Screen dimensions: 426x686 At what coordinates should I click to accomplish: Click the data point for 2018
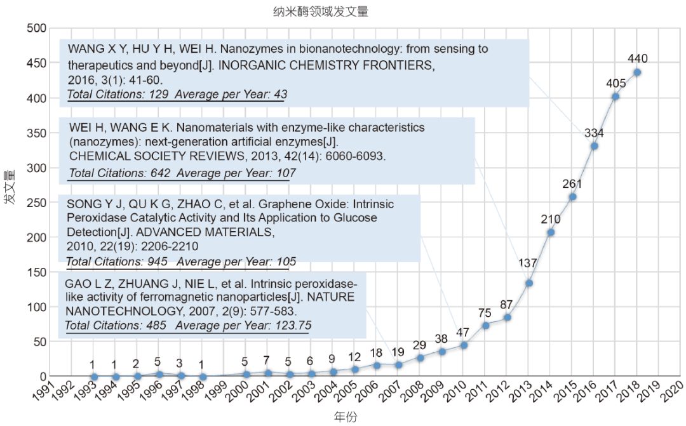637,72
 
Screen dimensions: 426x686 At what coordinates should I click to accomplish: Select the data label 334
594,133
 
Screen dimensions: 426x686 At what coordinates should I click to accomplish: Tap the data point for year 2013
528,283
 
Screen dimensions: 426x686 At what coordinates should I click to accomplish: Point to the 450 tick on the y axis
36,63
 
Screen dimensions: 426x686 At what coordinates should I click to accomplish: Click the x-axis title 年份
346,416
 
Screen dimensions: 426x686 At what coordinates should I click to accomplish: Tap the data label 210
551,220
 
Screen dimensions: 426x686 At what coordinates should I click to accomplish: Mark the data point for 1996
160,375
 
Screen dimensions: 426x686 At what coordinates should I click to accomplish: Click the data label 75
485,312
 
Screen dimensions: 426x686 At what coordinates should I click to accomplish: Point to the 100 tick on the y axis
36,307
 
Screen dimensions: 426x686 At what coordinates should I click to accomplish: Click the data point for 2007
398,364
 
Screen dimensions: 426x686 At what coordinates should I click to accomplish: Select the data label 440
637,59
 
